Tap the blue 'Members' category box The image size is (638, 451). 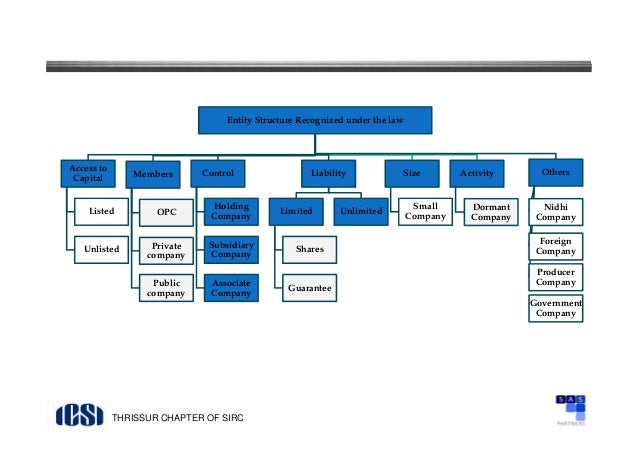point(153,174)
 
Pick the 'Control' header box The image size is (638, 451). point(218,173)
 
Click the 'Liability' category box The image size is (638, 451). point(328,173)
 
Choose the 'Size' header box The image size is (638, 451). point(412,173)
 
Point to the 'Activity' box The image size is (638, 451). point(475,173)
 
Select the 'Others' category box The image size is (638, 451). point(555,172)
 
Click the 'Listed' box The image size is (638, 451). point(101,212)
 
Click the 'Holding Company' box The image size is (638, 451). point(231,211)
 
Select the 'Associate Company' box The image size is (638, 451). point(231,288)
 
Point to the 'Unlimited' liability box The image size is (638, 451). point(360,212)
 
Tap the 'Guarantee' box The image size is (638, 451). point(310,288)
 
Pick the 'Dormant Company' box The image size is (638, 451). point(490,211)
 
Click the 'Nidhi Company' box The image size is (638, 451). point(555,211)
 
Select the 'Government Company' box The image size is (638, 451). point(555,308)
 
